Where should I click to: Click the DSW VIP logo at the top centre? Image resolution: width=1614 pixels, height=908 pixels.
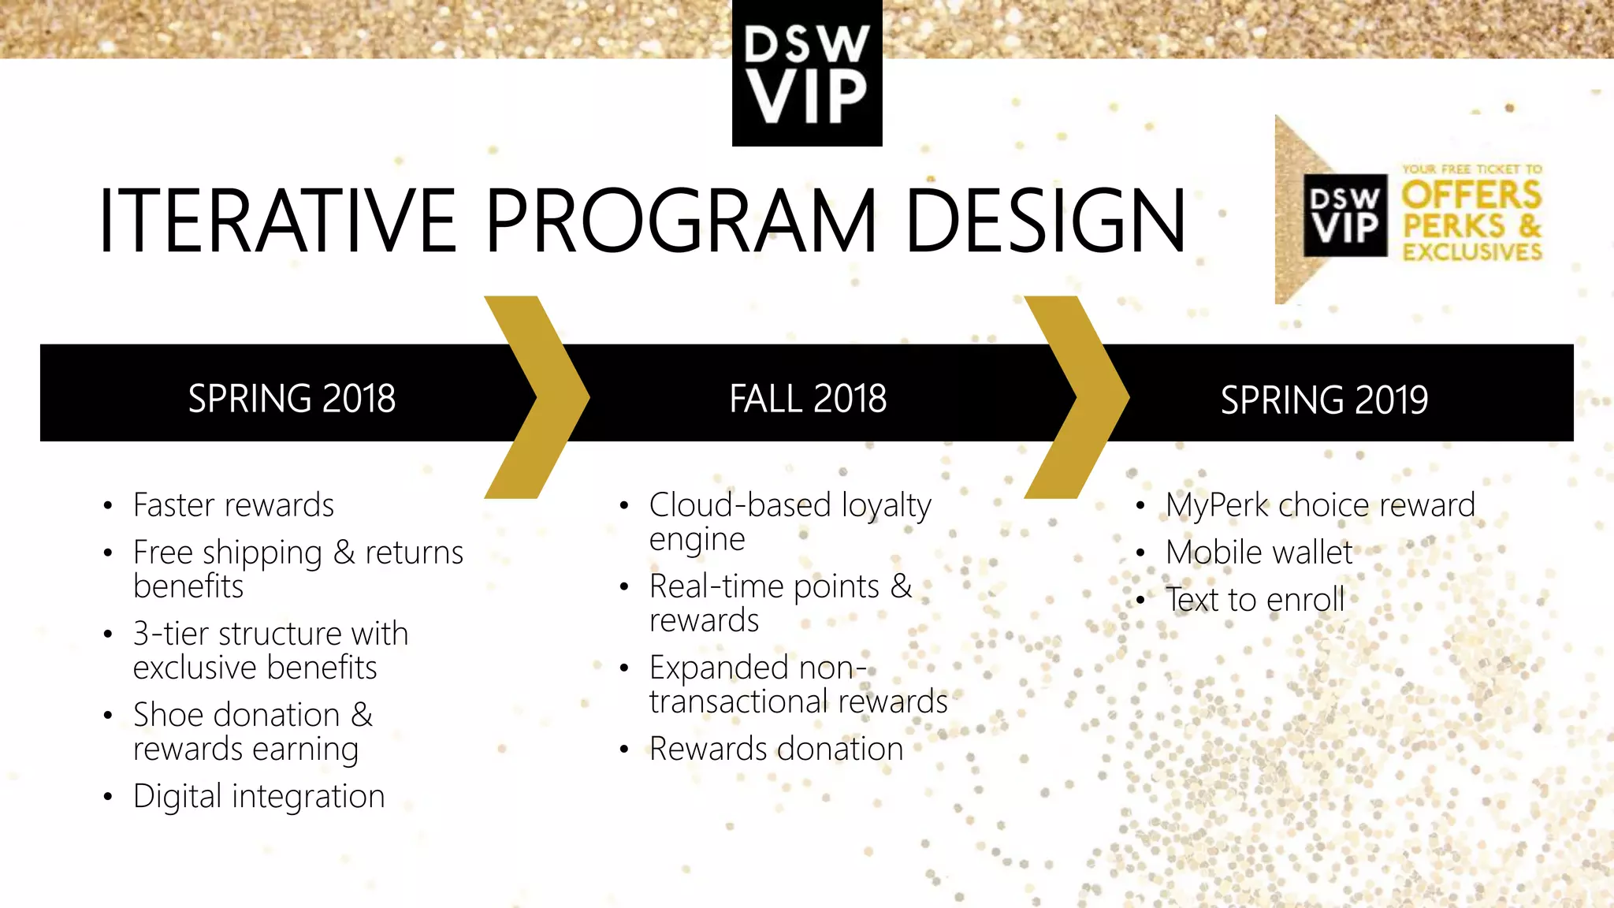(807, 73)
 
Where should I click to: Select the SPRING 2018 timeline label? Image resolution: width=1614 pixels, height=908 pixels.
(292, 398)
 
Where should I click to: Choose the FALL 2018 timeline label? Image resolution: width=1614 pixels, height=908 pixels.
(808, 398)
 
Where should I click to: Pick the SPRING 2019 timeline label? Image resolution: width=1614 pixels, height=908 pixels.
(1324, 400)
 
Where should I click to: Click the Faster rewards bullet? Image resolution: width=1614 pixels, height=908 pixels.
(233, 505)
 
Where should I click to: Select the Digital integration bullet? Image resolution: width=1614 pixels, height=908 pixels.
(258, 796)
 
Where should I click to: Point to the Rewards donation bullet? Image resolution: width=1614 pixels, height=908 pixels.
(775, 749)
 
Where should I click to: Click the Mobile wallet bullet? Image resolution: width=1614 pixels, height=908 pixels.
(1259, 553)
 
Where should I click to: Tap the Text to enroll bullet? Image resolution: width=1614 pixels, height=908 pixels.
(1255, 600)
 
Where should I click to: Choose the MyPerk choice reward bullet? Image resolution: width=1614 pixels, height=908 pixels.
(1320, 505)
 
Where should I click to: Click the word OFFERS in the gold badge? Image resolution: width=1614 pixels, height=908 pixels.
(1471, 195)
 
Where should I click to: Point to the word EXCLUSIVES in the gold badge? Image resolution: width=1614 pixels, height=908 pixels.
(1471, 252)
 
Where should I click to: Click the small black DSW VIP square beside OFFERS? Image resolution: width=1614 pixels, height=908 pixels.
(1345, 215)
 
